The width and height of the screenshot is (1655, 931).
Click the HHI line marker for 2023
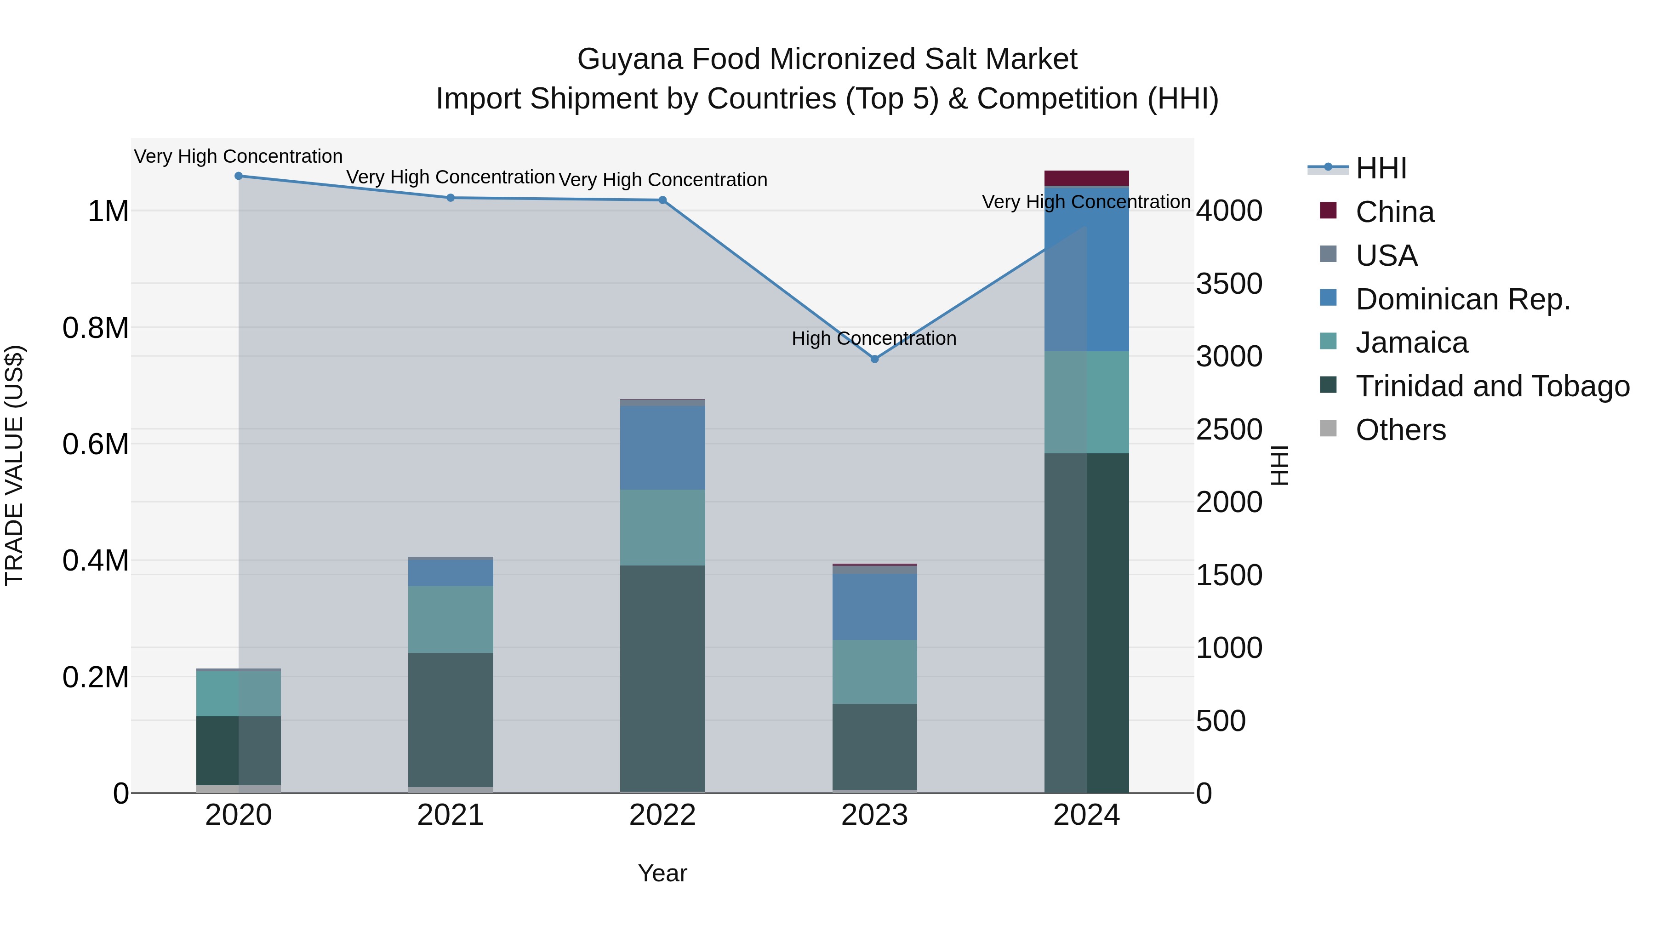(874, 359)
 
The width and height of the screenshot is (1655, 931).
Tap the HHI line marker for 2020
(238, 176)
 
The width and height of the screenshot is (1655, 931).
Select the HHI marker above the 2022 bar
(662, 200)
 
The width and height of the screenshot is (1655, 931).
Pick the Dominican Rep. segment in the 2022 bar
(662, 448)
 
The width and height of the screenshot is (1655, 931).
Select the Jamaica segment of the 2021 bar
(451, 619)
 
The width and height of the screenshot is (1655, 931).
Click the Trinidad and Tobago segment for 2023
(874, 747)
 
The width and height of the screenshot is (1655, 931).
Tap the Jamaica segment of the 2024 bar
(1086, 402)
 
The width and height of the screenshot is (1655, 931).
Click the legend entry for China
(1394, 212)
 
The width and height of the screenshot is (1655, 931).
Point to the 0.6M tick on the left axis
(96, 444)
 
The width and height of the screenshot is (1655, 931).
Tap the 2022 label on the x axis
(662, 815)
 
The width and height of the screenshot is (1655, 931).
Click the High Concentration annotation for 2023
(874, 338)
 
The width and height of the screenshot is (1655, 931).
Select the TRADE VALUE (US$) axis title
(14, 465)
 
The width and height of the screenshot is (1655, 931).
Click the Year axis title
(662, 873)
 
